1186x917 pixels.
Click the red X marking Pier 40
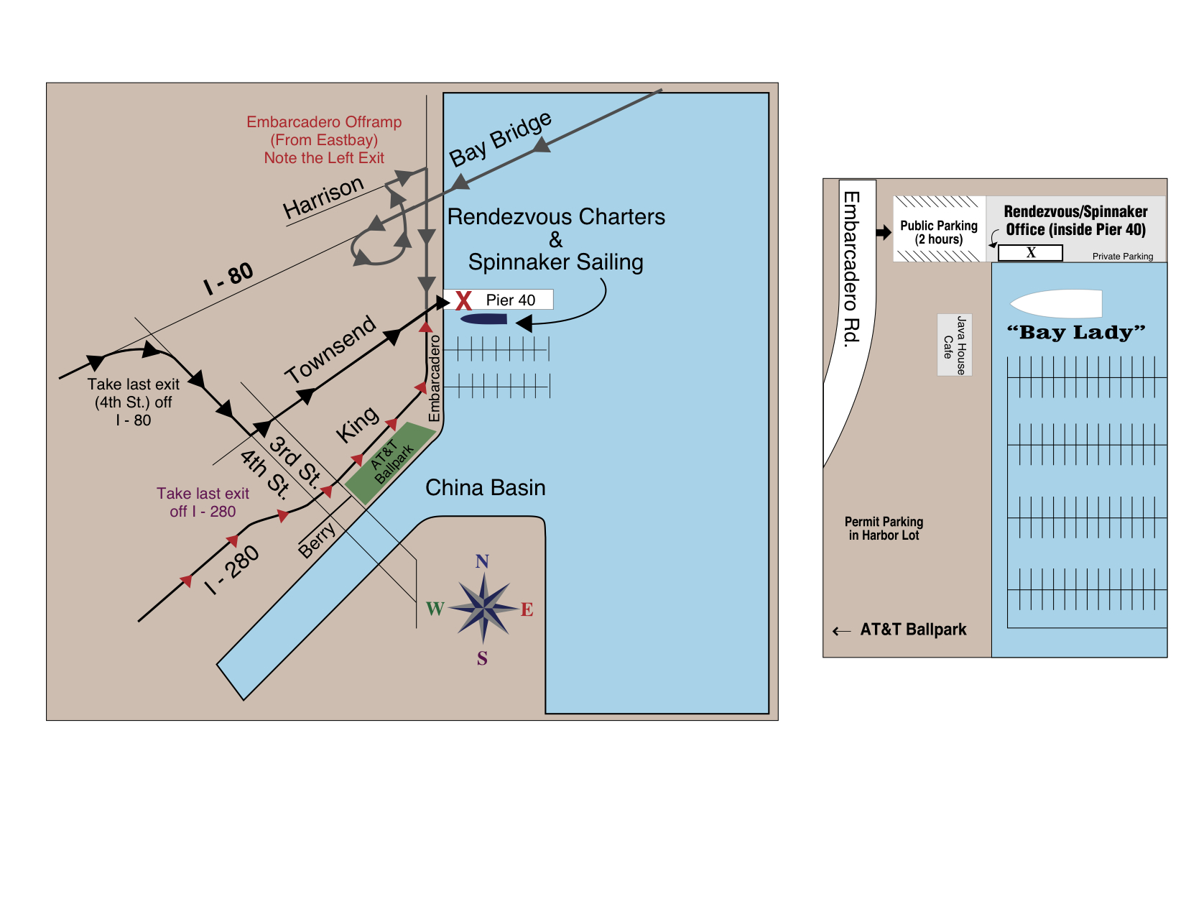coord(463,300)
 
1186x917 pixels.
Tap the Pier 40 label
coord(510,300)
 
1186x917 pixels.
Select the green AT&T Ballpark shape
coord(391,463)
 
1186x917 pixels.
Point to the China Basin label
coord(485,488)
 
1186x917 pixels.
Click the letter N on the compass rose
coord(482,561)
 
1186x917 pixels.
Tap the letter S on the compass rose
coord(482,658)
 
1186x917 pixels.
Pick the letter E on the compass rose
coord(527,610)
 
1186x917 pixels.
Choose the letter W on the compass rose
coord(435,609)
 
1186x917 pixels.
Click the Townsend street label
coord(330,350)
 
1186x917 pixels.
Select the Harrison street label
coord(323,197)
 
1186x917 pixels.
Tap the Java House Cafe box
coord(955,345)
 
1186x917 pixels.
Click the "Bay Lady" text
coord(1075,333)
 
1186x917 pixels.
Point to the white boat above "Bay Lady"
coord(1057,303)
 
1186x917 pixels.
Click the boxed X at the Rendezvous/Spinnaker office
coord(1030,253)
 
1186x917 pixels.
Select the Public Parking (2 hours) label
coord(939,232)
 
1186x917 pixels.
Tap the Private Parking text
coord(1122,257)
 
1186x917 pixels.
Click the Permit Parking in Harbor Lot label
coord(884,528)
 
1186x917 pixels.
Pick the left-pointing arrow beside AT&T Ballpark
coord(841,631)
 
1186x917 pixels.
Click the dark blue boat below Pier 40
coord(484,319)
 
